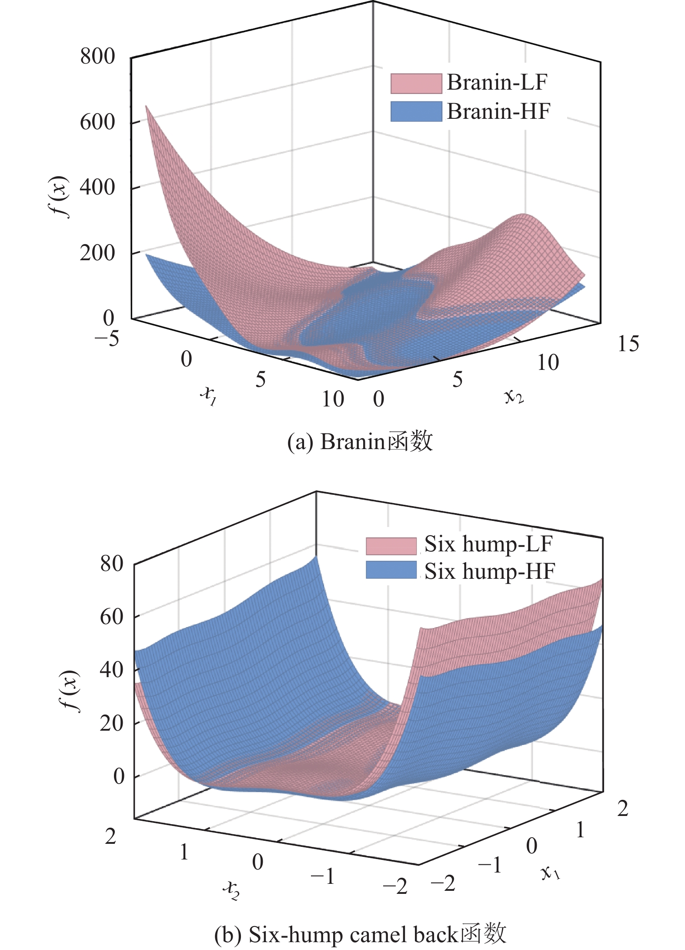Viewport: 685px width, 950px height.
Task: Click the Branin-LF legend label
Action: (x=497, y=83)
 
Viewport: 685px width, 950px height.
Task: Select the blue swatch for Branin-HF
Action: (x=416, y=111)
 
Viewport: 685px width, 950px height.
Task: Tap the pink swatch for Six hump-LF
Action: (x=391, y=546)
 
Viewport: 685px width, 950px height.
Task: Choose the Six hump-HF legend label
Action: (x=490, y=571)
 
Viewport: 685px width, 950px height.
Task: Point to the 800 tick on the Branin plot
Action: (x=97, y=57)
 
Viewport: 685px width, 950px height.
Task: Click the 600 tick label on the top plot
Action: (x=97, y=122)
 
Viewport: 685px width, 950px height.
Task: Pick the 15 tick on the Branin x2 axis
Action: (x=628, y=344)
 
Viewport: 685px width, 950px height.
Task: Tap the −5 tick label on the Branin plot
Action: (x=107, y=338)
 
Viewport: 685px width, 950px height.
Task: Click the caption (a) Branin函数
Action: (x=360, y=442)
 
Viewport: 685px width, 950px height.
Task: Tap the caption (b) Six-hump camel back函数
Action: (x=360, y=933)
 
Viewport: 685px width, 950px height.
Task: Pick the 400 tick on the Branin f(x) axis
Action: (x=97, y=188)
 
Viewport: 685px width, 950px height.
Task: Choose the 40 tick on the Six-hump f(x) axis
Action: (x=112, y=670)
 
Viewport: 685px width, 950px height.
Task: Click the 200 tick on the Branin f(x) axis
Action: (x=97, y=253)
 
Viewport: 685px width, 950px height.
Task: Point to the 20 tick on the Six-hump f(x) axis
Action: (x=112, y=723)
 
